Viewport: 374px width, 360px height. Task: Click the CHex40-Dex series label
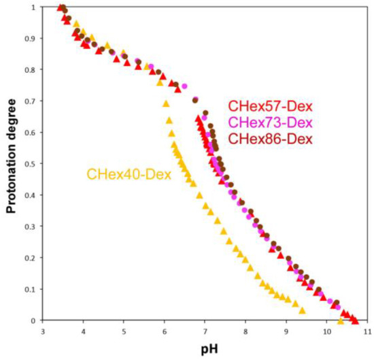(129, 174)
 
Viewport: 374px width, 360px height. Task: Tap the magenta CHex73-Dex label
(270, 123)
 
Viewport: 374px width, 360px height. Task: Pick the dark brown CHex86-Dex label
(270, 140)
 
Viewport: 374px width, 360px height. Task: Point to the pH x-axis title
(205, 350)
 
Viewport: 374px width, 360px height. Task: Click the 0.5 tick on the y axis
(30, 164)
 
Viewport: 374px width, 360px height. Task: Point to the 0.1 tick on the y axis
(30, 289)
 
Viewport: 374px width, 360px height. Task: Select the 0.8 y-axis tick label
(30, 70)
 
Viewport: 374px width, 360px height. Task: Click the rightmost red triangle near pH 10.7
(355, 320)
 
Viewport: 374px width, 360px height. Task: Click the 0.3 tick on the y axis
(30, 227)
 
